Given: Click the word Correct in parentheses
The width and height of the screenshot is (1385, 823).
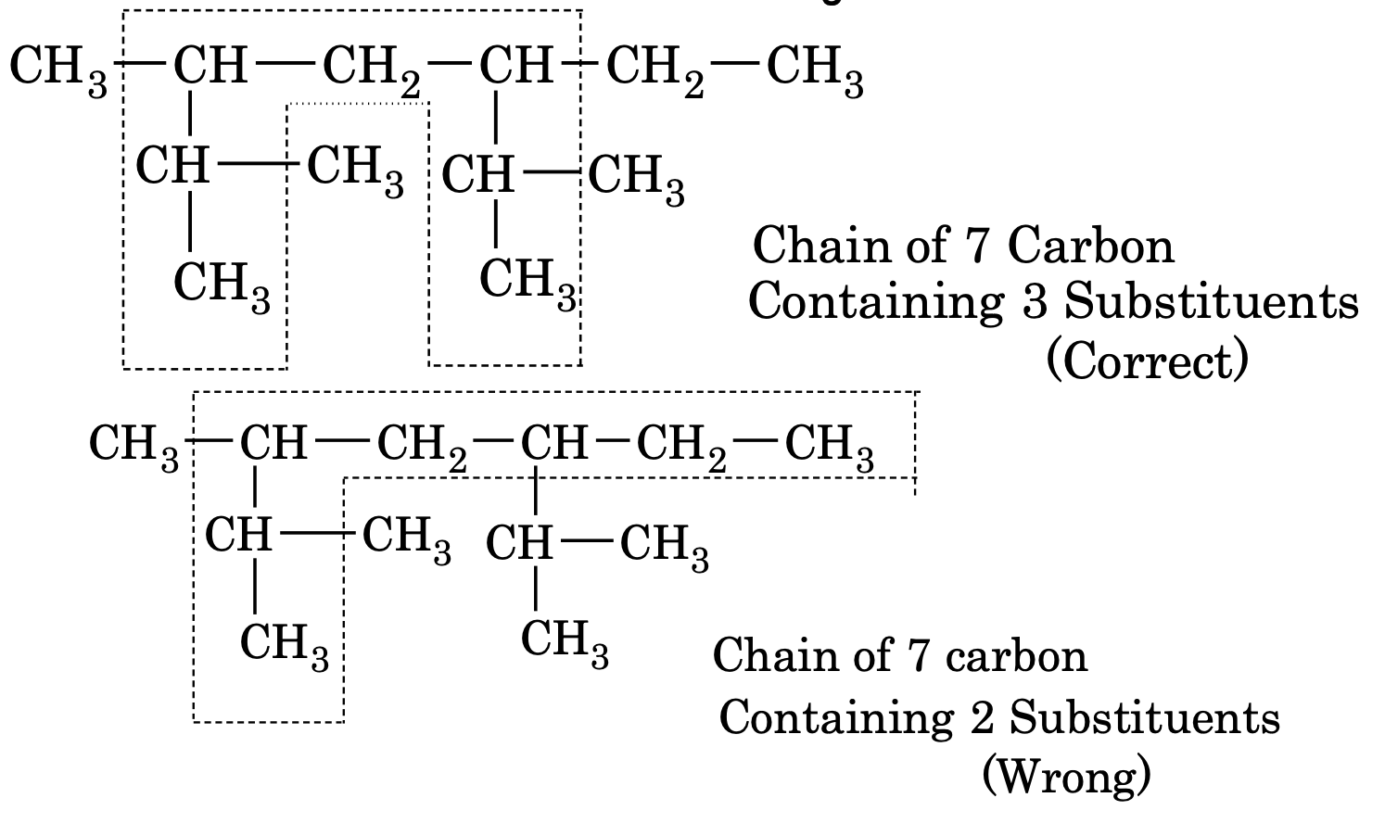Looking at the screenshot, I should click(x=1147, y=361).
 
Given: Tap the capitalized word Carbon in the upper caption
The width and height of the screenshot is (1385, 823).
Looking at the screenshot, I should click(x=1090, y=246).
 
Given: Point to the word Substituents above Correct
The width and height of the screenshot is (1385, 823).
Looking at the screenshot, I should click(x=1211, y=301).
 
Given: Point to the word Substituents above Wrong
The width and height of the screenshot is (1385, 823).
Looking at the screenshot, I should click(x=1144, y=716).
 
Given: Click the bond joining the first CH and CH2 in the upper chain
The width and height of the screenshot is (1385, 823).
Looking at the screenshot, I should click(x=285, y=66).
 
